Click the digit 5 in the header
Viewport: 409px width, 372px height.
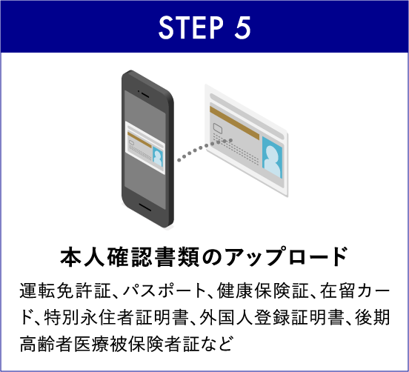tap(242, 27)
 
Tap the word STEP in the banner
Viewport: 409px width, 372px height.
tap(191, 27)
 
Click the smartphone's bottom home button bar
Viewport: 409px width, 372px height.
tap(144, 207)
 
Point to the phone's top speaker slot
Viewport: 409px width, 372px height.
tap(144, 95)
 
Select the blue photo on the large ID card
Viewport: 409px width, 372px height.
tap(273, 157)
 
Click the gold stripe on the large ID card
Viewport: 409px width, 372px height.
tap(234, 123)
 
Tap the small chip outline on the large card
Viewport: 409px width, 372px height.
tap(218, 128)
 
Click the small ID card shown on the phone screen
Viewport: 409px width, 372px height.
tap(145, 147)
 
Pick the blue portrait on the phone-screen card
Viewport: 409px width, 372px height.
tap(158, 156)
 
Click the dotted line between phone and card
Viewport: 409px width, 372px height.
tap(204, 150)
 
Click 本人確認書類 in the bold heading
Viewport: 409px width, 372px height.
tap(130, 257)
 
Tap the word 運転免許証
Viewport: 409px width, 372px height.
tap(65, 290)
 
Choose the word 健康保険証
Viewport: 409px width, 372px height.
tap(264, 290)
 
